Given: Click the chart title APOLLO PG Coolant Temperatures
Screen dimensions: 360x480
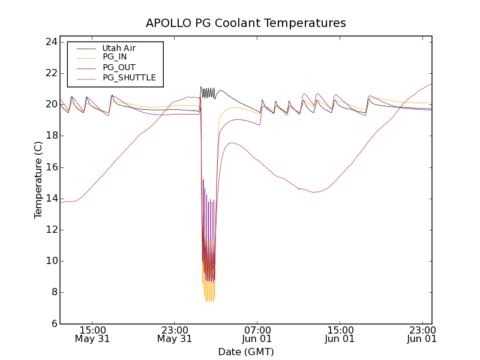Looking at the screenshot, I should (x=246, y=23).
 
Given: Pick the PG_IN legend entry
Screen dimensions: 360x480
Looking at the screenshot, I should (x=115, y=57).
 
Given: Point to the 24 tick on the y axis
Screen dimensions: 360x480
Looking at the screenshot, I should (x=50, y=42).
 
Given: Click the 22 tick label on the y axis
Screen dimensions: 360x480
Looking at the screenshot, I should (x=50, y=73).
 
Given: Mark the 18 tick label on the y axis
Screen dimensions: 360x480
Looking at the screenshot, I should (x=50, y=136).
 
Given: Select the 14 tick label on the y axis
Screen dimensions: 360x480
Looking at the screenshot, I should (x=50, y=199).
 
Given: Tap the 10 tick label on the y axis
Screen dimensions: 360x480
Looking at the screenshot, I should (x=50, y=261).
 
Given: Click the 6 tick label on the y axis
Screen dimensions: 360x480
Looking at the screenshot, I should (x=53, y=323).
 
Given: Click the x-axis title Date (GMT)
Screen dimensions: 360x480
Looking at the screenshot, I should (x=246, y=352).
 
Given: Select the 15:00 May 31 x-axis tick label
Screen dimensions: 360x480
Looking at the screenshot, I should (x=92, y=334).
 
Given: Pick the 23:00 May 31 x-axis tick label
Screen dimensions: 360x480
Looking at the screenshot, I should (x=175, y=334).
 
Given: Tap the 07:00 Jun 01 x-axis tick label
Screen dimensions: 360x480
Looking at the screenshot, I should (x=257, y=334).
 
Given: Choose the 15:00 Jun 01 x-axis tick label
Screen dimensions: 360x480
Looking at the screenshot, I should (x=339, y=334).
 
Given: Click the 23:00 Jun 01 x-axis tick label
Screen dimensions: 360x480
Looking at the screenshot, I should (x=421, y=334).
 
